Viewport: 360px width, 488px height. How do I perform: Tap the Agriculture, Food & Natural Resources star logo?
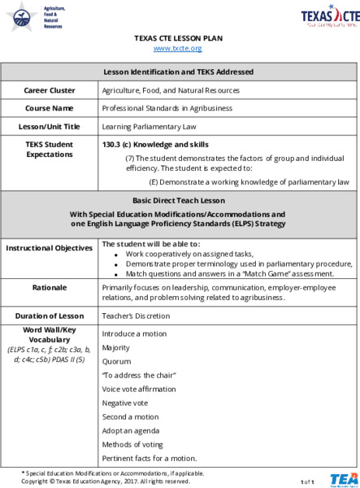click(x=22, y=15)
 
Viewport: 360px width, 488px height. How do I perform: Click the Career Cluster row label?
click(x=50, y=89)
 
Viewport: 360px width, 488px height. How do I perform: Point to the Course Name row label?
click(x=50, y=107)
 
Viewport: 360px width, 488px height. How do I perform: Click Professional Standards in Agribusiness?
click(x=167, y=107)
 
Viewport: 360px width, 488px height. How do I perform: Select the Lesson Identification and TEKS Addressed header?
click(x=180, y=72)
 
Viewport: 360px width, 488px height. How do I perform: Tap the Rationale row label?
click(x=50, y=288)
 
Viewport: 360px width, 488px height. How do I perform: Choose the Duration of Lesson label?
click(x=50, y=315)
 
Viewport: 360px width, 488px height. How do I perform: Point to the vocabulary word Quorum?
click(x=115, y=360)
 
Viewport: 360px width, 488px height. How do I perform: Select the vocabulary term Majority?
click(x=115, y=347)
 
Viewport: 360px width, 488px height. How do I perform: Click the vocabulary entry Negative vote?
click(x=127, y=403)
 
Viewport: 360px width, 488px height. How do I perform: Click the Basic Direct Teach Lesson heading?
click(x=180, y=199)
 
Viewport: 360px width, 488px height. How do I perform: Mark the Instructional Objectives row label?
click(x=50, y=247)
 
